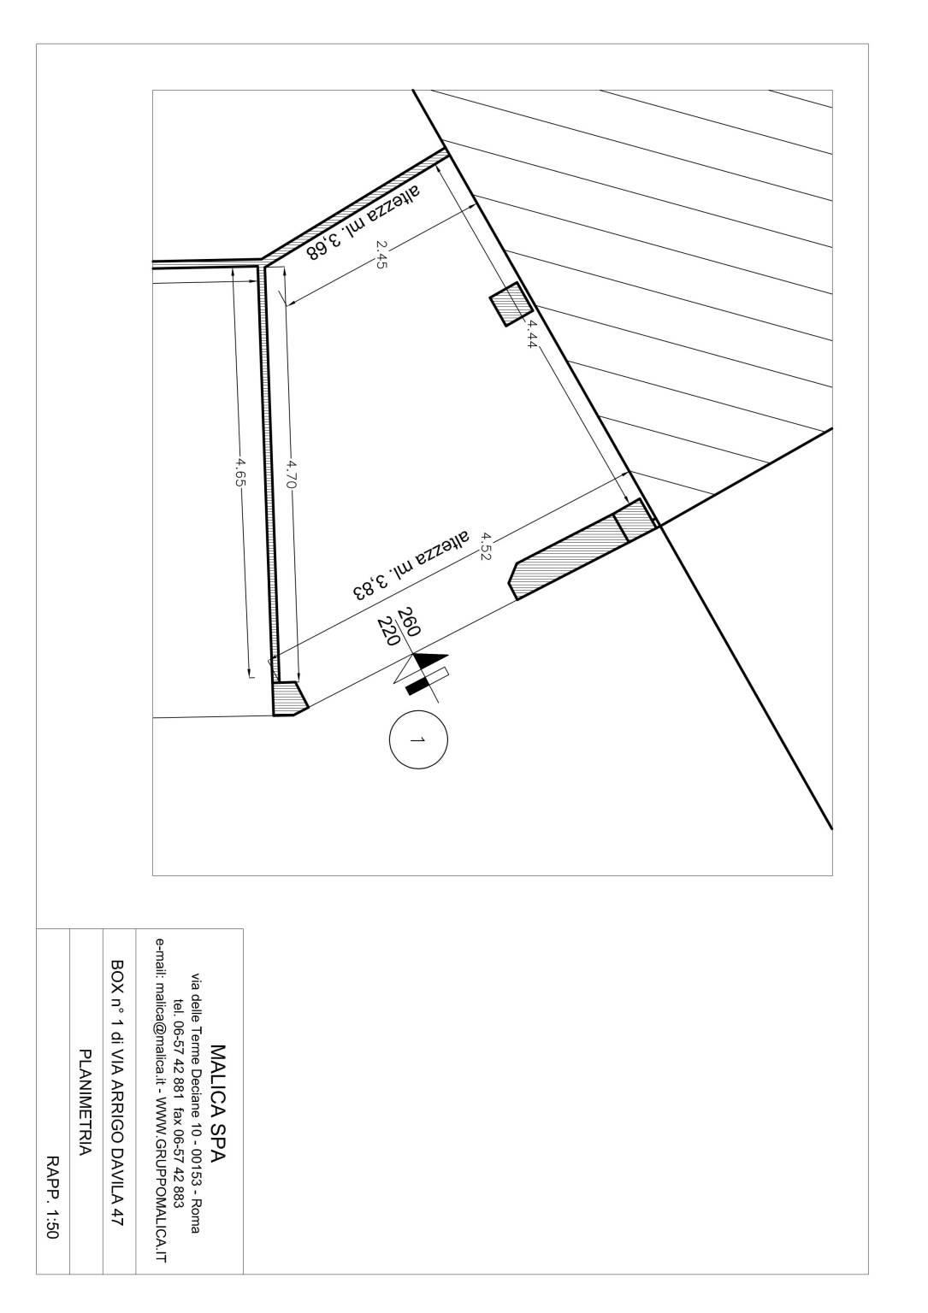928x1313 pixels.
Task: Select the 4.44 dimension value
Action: [529, 335]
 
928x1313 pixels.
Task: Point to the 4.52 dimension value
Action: [485, 545]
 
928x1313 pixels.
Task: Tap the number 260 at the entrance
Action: [409, 622]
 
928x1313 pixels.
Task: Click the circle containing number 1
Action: [418, 739]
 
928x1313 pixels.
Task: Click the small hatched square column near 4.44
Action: [511, 303]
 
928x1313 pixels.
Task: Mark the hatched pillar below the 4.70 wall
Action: [290, 698]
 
